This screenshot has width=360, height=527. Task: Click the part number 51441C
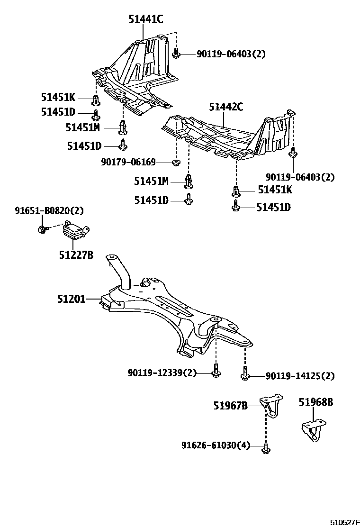click(x=145, y=19)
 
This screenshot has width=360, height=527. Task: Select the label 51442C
click(x=226, y=107)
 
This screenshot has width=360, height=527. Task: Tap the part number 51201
click(x=71, y=299)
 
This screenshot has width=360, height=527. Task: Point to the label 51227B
click(x=76, y=255)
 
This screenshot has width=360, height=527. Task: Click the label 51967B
click(x=230, y=406)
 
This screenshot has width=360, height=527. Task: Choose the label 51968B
click(x=316, y=402)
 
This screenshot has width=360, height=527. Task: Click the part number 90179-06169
click(x=128, y=163)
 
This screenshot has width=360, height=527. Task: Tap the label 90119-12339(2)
click(x=162, y=373)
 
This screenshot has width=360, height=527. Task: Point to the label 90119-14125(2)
click(x=300, y=376)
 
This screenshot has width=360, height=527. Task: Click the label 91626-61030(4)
click(x=216, y=445)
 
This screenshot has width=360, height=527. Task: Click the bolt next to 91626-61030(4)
click(x=265, y=447)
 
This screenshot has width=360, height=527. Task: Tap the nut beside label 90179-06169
click(x=175, y=163)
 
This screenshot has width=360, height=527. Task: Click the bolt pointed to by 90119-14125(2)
click(x=245, y=373)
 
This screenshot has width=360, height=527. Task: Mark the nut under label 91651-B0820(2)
click(x=42, y=230)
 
